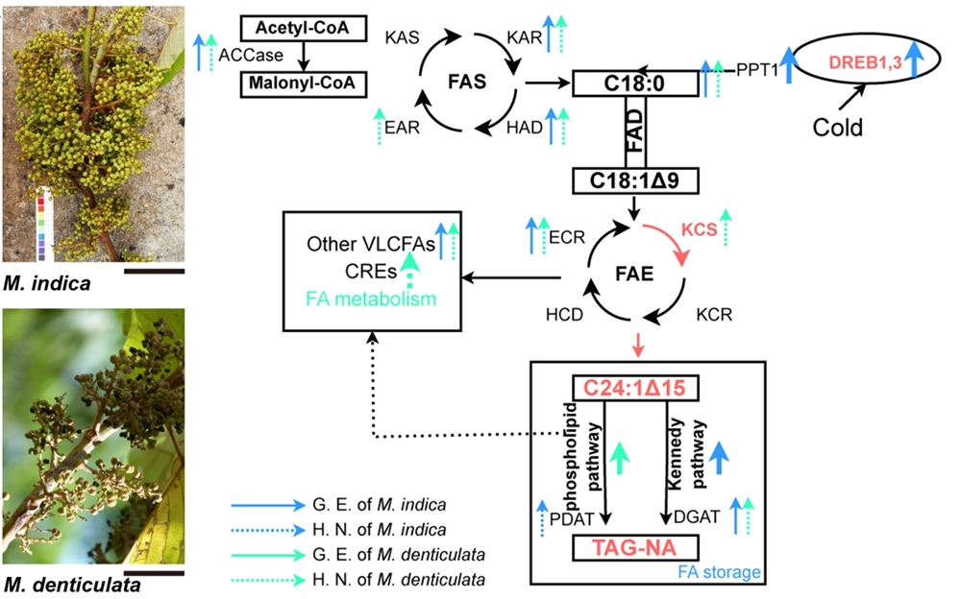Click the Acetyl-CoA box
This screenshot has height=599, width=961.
pyautogui.click(x=303, y=29)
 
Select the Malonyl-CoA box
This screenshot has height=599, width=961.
pyautogui.click(x=303, y=83)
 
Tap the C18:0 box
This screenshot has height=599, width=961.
pyautogui.click(x=636, y=83)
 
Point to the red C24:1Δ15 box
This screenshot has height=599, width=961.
pyautogui.click(x=635, y=388)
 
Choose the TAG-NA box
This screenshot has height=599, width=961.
pyautogui.click(x=634, y=549)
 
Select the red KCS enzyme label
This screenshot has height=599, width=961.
pyautogui.click(x=700, y=231)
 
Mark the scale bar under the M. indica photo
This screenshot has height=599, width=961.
pyautogui.click(x=154, y=271)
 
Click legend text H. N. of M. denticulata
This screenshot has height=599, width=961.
pyautogui.click(x=399, y=579)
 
